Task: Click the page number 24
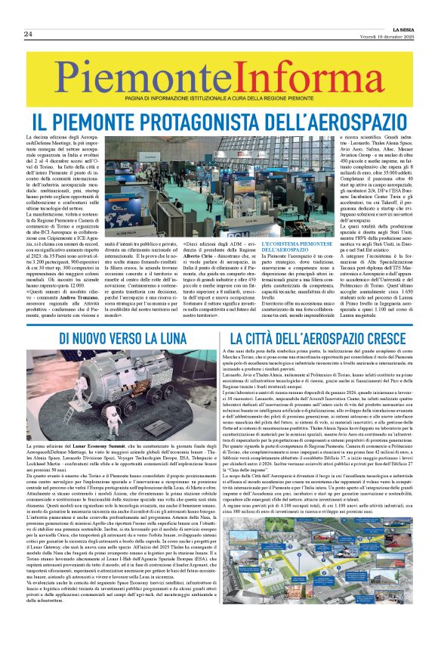27,35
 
